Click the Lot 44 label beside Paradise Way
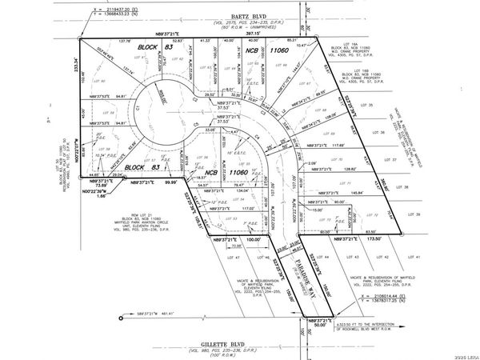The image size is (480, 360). pyautogui.click(x=326, y=257)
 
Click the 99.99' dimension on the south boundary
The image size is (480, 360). pyautogui.click(x=169, y=182)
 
